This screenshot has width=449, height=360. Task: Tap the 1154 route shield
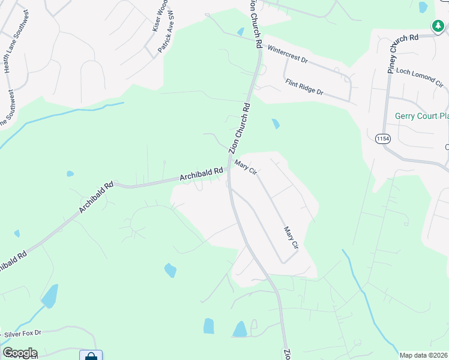(382, 139)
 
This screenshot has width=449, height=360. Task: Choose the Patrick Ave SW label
(166, 32)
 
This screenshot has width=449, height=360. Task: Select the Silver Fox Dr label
(23, 333)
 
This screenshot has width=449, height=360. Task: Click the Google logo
(20, 353)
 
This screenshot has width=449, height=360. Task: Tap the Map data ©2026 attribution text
(423, 355)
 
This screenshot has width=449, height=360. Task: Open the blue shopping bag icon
(91, 356)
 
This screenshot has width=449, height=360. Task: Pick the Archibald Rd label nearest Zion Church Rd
(201, 175)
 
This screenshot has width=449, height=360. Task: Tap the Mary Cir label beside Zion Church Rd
(246, 167)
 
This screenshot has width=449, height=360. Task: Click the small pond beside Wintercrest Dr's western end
(241, 32)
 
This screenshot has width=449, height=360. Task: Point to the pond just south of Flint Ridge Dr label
(276, 124)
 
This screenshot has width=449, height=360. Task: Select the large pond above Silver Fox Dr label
(50, 296)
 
